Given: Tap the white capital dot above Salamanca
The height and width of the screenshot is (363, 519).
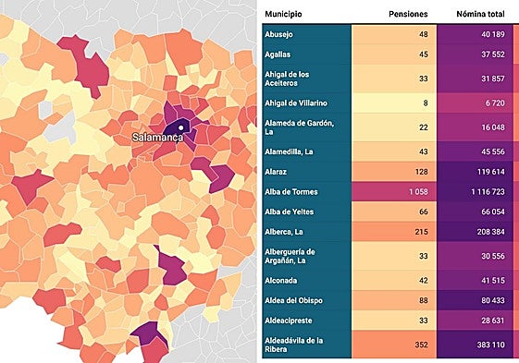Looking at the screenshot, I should click(182, 127).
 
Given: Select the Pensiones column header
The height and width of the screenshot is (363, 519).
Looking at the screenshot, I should click(407, 14).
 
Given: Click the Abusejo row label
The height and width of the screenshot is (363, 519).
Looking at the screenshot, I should click(279, 34).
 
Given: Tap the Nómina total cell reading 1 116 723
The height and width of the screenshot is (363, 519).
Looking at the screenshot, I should click(478, 191).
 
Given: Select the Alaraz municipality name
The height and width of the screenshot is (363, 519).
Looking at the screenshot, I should click(277, 171).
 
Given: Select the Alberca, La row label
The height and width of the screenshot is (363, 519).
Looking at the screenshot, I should click(285, 231).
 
